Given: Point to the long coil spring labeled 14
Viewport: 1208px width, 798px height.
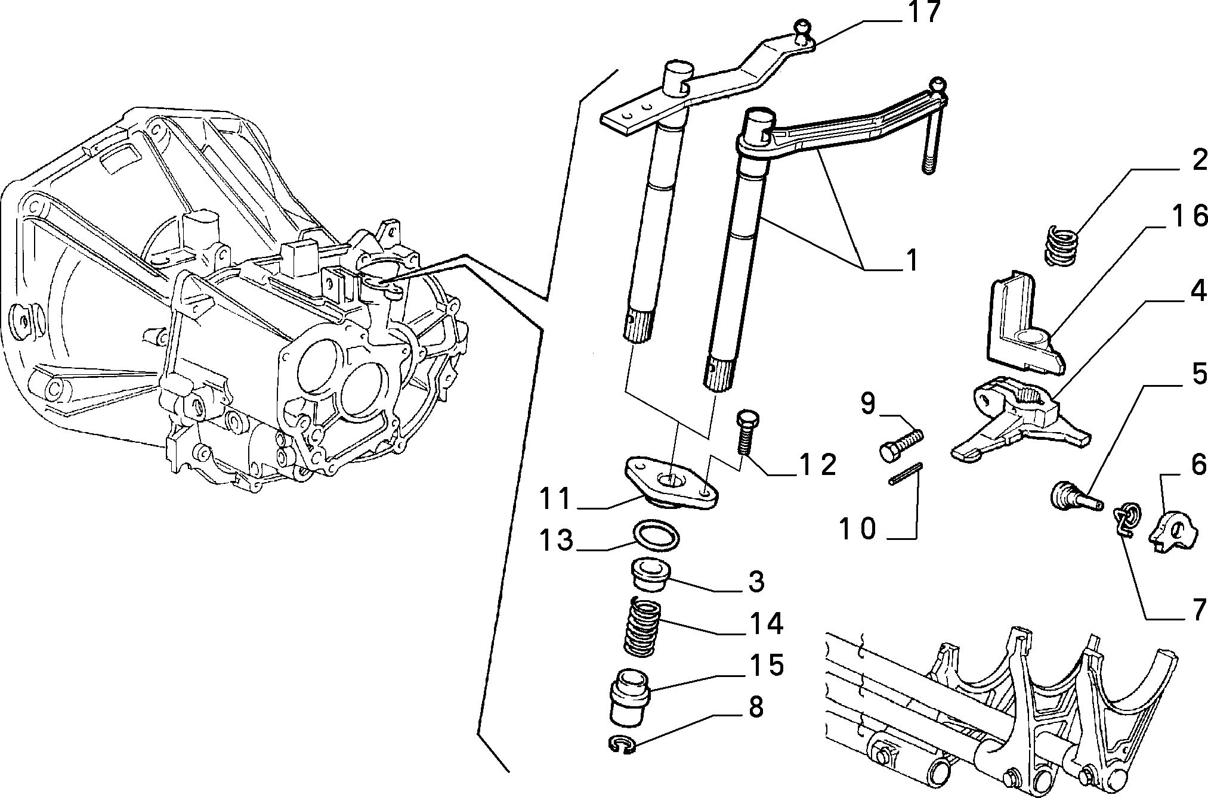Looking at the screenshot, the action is [x=643, y=629].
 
